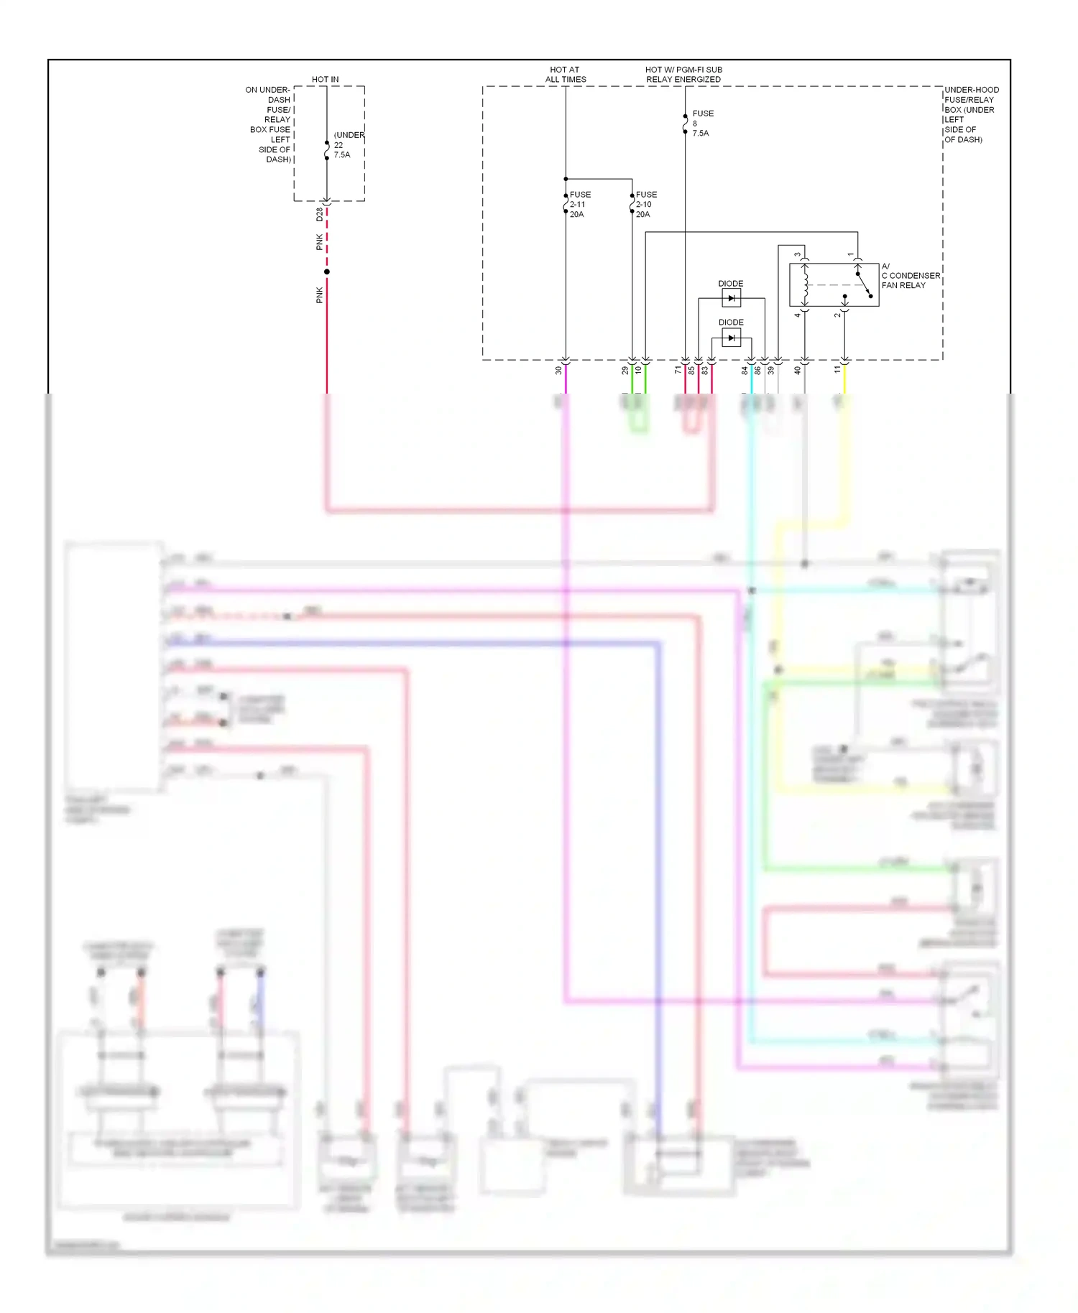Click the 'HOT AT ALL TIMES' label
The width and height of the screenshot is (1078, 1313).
pos(566,75)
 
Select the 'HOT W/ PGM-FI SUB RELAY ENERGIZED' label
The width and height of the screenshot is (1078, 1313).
pos(683,75)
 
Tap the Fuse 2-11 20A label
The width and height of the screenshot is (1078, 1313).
pos(579,205)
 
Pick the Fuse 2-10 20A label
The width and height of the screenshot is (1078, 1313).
pos(645,205)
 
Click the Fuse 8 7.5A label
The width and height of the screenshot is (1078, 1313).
pos(701,124)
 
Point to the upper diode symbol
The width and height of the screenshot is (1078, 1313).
pos(731,298)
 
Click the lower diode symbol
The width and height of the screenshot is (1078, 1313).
pos(731,338)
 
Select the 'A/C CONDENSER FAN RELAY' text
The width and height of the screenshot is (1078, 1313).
pos(910,276)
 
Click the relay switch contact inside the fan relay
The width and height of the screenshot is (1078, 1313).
pos(863,284)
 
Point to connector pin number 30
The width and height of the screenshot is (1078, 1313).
pos(558,371)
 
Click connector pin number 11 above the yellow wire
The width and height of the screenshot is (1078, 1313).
pos(837,370)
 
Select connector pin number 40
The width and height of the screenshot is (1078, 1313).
pos(797,371)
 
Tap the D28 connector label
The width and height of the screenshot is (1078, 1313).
pos(319,214)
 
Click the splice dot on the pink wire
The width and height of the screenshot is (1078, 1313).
pos(327,272)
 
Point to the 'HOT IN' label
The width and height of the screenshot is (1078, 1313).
pos(325,79)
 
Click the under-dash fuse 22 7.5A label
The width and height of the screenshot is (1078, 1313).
pos(347,145)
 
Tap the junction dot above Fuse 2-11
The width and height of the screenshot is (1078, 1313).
pos(566,179)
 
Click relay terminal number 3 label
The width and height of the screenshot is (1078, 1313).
pos(797,254)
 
